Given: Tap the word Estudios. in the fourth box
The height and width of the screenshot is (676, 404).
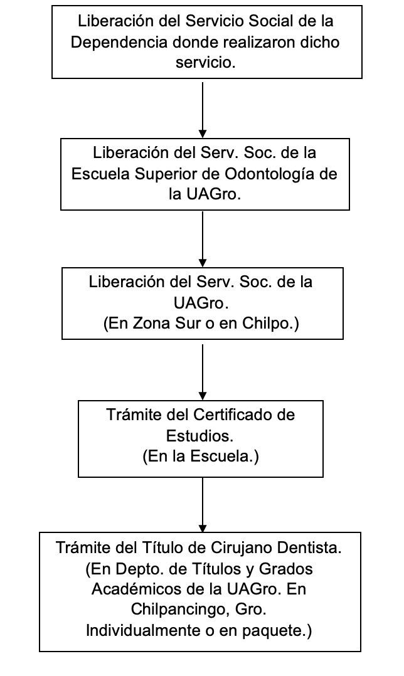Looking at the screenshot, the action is pyautogui.click(x=199, y=436).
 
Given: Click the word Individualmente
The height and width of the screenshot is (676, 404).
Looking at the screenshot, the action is pyautogui.click(x=141, y=631).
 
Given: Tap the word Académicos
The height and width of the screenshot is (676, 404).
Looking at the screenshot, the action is pyautogui.click(x=134, y=589).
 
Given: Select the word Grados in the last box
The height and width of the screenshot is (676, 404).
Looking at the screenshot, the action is pyautogui.click(x=286, y=569).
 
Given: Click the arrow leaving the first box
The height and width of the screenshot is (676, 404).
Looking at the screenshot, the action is pyautogui.click(x=203, y=110).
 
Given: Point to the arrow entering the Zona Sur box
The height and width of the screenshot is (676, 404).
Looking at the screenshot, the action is pyautogui.click(x=203, y=240).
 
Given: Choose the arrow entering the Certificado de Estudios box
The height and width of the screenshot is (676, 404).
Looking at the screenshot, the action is pyautogui.click(x=203, y=372).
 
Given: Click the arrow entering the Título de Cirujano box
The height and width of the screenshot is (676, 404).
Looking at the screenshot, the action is pyautogui.click(x=203, y=505).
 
